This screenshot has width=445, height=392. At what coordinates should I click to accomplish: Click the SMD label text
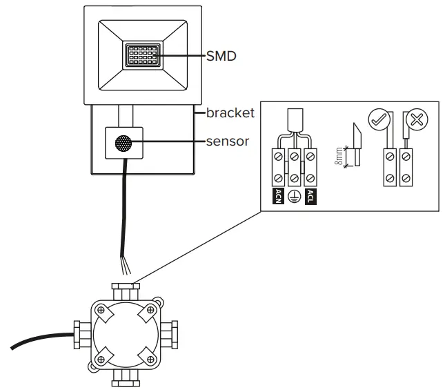point(221,56)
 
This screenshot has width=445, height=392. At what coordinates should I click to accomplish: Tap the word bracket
point(230,112)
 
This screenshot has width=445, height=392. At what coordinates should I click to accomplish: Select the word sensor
point(228,141)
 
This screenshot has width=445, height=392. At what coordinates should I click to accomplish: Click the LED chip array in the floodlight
point(144,55)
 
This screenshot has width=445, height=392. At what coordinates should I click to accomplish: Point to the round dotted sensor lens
point(123,144)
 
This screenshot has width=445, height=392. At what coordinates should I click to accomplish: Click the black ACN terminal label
point(278,196)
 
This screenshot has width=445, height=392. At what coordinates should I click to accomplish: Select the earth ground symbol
point(294,197)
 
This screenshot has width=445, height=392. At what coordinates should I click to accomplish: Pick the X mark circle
point(416,119)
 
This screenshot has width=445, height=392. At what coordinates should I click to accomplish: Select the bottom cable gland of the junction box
point(125,376)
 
